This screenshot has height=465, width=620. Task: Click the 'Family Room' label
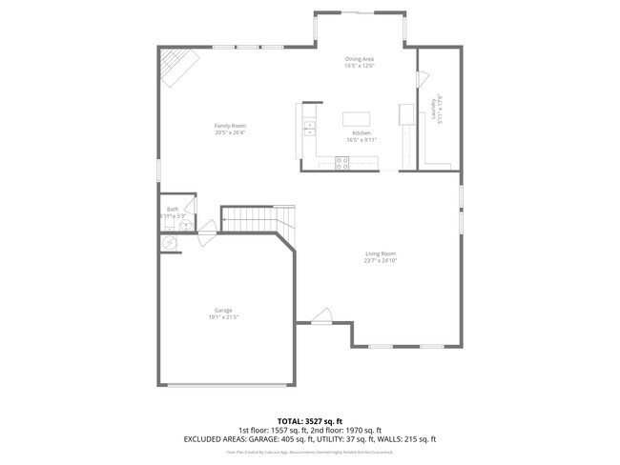(x=230, y=126)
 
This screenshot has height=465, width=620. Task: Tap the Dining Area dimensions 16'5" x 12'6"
(x=360, y=66)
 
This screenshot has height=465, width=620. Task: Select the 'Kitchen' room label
(x=362, y=132)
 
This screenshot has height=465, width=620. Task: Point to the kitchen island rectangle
(x=362, y=119)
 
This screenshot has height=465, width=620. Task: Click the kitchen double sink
(x=309, y=125)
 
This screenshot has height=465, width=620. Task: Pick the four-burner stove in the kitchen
(x=342, y=165)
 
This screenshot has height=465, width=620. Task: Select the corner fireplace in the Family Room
(x=178, y=67)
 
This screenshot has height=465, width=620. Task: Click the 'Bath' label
(x=173, y=210)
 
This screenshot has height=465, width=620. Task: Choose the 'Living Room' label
(x=381, y=253)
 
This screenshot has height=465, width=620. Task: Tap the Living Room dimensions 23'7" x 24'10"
(x=381, y=260)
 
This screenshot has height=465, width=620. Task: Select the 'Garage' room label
(x=223, y=310)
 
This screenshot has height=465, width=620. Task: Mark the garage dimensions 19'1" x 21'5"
(x=223, y=316)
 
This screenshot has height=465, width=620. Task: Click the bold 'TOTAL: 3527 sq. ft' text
(x=309, y=420)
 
